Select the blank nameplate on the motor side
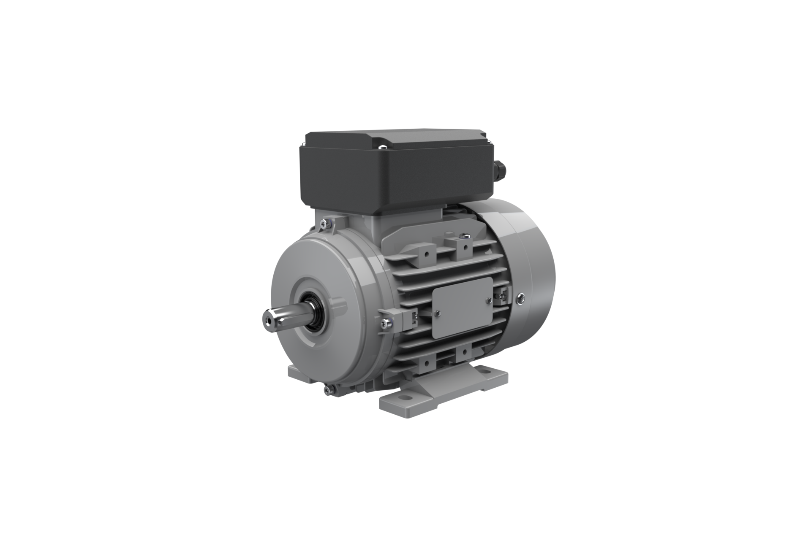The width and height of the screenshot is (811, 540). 462,307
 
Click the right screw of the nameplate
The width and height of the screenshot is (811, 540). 489,300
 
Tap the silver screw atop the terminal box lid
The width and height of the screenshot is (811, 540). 382,147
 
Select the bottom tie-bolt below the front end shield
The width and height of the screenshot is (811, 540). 328,391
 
